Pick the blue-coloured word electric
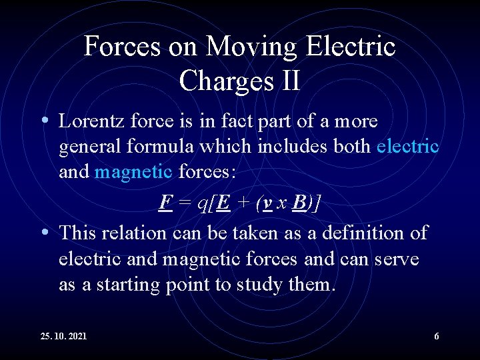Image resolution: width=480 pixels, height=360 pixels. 407,147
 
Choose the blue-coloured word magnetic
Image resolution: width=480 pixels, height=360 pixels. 133,172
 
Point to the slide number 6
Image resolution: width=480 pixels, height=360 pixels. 437,337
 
